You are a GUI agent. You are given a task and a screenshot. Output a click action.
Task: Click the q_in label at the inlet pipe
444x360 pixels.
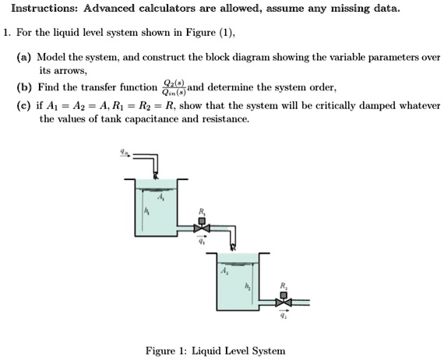click(x=122, y=153)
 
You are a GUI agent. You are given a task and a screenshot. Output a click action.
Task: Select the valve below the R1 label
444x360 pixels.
click(x=203, y=228)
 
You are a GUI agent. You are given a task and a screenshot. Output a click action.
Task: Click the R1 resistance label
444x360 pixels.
click(x=203, y=211)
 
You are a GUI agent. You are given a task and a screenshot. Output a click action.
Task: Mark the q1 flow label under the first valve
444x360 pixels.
click(x=203, y=241)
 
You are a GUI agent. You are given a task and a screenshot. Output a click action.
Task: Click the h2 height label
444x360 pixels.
click(x=248, y=286)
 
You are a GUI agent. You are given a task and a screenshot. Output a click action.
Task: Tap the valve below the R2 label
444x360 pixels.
click(x=285, y=300)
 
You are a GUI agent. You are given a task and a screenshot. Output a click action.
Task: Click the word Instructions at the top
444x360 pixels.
click(x=38, y=9)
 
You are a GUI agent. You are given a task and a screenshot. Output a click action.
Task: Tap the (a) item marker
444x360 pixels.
click(x=24, y=58)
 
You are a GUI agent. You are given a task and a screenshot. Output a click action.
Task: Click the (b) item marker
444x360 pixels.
click(x=24, y=89)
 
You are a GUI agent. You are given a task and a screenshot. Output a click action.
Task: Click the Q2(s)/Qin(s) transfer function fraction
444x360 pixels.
click(x=171, y=88)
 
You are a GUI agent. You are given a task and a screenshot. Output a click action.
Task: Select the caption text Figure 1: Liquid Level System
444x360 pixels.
click(x=216, y=351)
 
